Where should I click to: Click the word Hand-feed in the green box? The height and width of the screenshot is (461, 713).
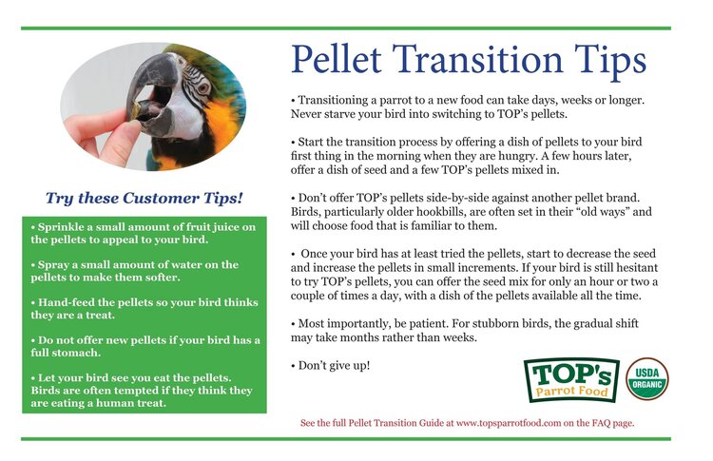click(x=67, y=301)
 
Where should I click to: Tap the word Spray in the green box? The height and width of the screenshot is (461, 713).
click(x=51, y=264)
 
